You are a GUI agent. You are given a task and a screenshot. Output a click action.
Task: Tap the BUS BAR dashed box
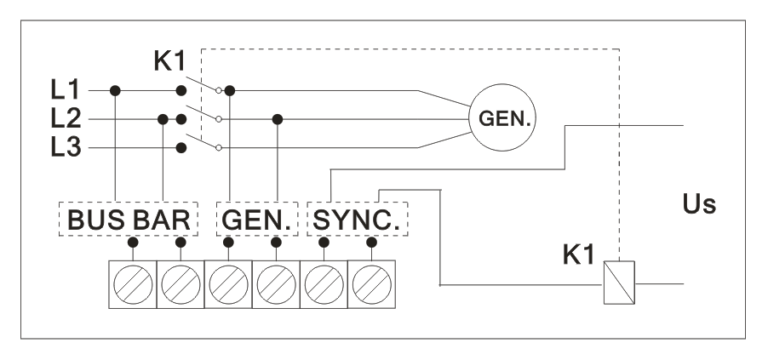[128, 219]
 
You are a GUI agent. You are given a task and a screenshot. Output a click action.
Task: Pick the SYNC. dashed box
[357, 219]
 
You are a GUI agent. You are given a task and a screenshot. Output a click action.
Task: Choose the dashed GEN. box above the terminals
[253, 219]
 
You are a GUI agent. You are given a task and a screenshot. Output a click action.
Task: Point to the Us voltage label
[700, 205]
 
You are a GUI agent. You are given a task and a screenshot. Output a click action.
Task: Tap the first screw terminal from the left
[133, 283]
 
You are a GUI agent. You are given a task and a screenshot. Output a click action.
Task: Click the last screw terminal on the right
[372, 283]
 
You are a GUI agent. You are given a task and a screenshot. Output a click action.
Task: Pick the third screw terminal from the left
[228, 283]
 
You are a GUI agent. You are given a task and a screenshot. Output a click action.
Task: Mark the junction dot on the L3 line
[181, 147]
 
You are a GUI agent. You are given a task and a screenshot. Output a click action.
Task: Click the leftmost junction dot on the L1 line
[116, 89]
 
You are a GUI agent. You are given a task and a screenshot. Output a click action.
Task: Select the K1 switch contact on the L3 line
[201, 140]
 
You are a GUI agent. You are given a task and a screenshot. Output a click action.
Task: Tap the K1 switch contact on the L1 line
[201, 82]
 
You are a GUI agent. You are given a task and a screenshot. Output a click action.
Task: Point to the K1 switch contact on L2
[201, 111]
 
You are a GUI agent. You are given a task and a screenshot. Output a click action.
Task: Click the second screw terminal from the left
[181, 283]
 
